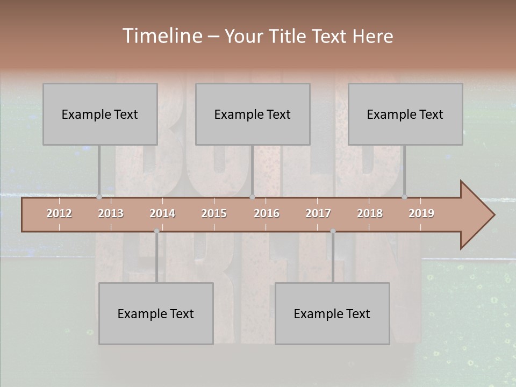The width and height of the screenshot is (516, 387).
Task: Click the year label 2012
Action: [59, 213]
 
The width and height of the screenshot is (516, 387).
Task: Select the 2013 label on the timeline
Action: [111, 213]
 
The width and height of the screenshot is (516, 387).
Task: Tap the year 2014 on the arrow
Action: [162, 213]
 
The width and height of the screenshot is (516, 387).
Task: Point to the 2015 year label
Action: [214, 213]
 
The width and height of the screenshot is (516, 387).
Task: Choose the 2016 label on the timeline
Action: [267, 213]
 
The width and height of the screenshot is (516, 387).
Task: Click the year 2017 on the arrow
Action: [318, 213]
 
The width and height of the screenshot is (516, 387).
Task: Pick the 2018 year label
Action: [370, 213]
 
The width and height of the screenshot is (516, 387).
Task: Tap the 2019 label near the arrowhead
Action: [421, 213]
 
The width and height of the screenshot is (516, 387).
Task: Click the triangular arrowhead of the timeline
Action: [476, 215]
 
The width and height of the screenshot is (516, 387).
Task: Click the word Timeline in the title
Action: [161, 35]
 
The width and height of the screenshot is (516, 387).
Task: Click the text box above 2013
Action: [100, 114]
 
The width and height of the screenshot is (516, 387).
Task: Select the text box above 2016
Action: [253, 114]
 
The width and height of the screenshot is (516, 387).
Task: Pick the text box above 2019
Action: [405, 114]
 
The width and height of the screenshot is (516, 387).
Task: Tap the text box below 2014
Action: [156, 313]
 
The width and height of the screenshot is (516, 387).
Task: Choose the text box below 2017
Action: [332, 313]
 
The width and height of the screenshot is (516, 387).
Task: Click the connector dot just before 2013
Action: [99, 197]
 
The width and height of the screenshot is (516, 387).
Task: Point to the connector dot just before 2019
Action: [405, 197]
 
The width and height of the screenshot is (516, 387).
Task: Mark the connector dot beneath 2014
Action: [156, 231]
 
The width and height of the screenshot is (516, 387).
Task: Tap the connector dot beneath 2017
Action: [333, 231]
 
